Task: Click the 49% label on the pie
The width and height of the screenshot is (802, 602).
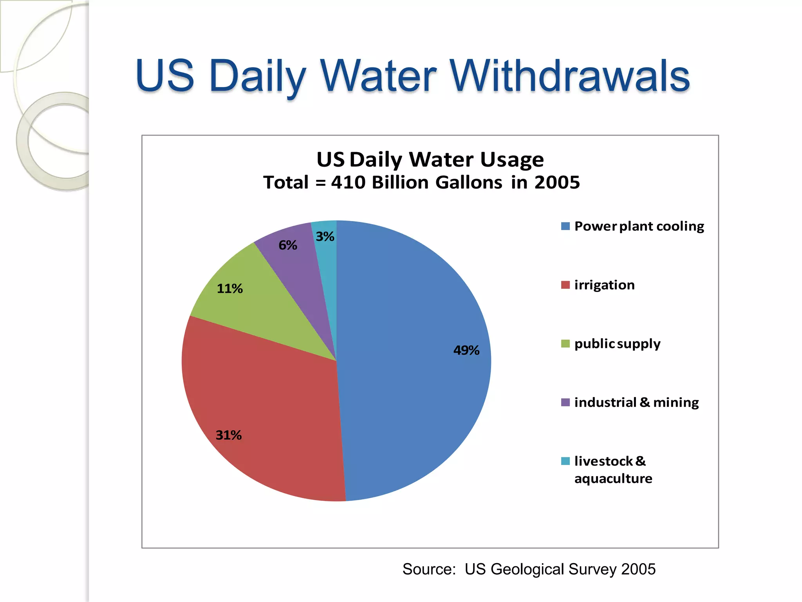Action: point(466,350)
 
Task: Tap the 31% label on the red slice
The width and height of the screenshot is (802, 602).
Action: point(229,435)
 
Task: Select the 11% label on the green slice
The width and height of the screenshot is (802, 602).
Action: point(230,288)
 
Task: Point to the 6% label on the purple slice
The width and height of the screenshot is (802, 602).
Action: point(288,245)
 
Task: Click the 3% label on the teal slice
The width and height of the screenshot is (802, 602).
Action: point(325,236)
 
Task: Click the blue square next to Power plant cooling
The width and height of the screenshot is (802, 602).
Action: point(565,226)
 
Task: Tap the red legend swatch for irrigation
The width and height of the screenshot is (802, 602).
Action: point(565,285)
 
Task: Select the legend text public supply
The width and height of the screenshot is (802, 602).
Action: point(617,344)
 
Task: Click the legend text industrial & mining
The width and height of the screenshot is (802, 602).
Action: point(636,403)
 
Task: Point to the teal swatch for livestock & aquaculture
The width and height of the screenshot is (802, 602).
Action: point(565,461)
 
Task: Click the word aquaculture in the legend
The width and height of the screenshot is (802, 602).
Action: point(613,479)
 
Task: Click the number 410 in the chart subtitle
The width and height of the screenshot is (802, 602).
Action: point(348,182)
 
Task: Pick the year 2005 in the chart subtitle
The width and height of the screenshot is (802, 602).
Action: point(557,182)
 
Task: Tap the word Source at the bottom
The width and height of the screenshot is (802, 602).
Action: point(429,569)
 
